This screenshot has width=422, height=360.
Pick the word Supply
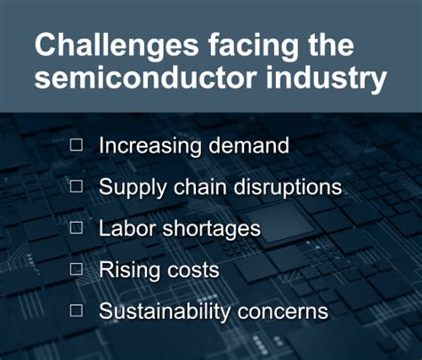129,189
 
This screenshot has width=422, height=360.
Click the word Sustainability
167,312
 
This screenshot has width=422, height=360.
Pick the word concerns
287,312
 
